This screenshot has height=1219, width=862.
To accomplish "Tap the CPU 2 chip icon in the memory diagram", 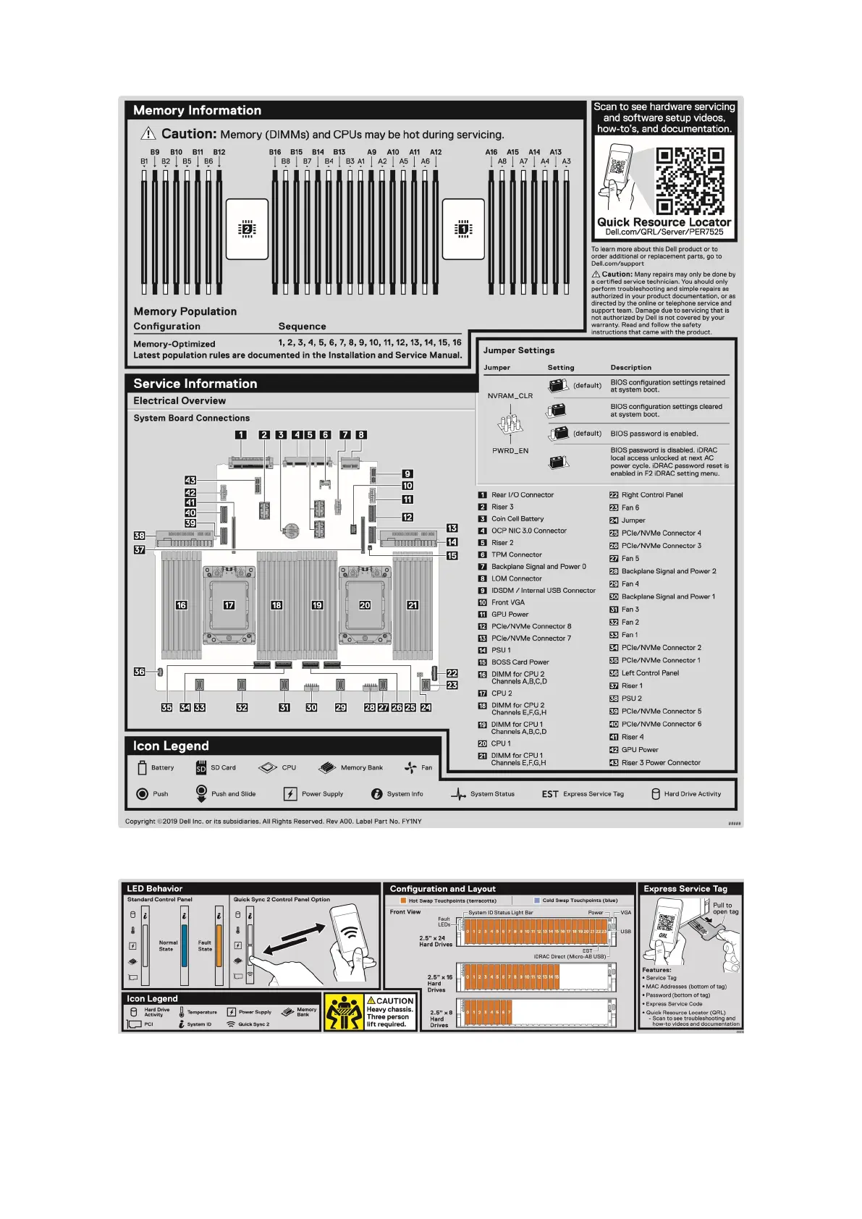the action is pyautogui.click(x=247, y=229).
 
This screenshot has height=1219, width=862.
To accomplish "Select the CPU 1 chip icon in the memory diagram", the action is pyautogui.click(x=463, y=229).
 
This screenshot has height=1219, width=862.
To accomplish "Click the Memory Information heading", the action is pyautogui.click(x=197, y=110).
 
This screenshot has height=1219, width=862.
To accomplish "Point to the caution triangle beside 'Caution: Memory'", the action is pyautogui.click(x=148, y=133).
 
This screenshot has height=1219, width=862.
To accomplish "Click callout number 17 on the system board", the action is pyautogui.click(x=229, y=605).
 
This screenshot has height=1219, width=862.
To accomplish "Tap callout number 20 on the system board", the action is pyautogui.click(x=365, y=605).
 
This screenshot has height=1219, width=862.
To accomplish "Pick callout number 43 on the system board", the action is pyautogui.click(x=190, y=480).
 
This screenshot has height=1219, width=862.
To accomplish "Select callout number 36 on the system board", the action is pyautogui.click(x=139, y=672).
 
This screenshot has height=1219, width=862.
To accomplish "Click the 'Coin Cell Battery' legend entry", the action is pyautogui.click(x=517, y=519).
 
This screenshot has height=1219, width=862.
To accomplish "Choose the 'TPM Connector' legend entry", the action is pyautogui.click(x=516, y=554).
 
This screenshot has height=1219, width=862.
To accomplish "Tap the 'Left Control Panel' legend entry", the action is pyautogui.click(x=650, y=673).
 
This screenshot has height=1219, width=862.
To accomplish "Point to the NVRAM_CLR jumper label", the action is pyautogui.click(x=510, y=396).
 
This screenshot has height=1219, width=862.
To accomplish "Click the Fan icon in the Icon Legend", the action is pyautogui.click(x=410, y=767).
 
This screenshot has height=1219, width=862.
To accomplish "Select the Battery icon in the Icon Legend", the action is pyautogui.click(x=142, y=767).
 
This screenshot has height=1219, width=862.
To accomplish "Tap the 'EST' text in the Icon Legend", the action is pyautogui.click(x=550, y=794).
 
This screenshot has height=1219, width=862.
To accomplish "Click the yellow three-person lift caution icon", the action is pyautogui.click(x=344, y=1011).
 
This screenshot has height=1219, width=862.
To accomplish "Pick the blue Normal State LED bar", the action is pyautogui.click(x=185, y=945).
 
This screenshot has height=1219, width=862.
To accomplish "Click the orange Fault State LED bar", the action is pyautogui.click(x=219, y=945).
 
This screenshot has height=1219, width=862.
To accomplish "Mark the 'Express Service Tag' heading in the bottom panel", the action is pyautogui.click(x=685, y=889).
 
